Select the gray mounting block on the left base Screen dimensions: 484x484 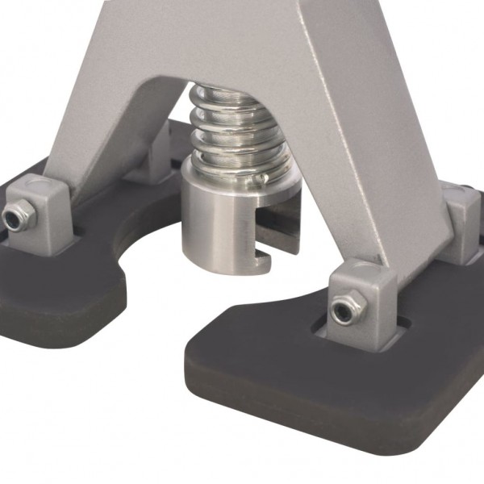point(48,211)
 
